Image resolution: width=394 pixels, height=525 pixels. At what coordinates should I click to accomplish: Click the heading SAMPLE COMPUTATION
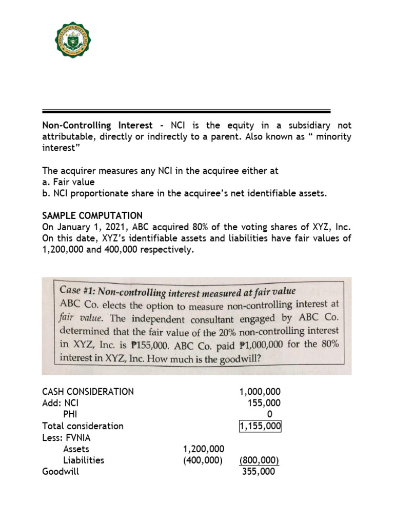pos(92,215)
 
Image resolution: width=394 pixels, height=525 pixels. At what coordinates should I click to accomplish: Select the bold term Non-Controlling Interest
pos(97,125)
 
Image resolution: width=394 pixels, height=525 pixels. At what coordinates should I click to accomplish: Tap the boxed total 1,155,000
pos(260,426)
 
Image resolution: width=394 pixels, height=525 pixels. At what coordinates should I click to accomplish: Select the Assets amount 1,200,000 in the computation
pos(204,449)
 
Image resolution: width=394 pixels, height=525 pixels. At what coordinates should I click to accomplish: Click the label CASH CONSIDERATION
pos(88,392)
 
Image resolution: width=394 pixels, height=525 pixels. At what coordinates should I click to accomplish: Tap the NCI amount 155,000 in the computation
pos(264,403)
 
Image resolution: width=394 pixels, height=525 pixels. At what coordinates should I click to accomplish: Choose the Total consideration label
pos(83,426)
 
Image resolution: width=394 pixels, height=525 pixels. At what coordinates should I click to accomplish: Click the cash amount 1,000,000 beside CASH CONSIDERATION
pos(260,392)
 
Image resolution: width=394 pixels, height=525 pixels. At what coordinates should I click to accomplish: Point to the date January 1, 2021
pos(92,227)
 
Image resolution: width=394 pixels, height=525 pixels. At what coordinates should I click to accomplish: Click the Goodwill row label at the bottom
pos(61,471)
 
